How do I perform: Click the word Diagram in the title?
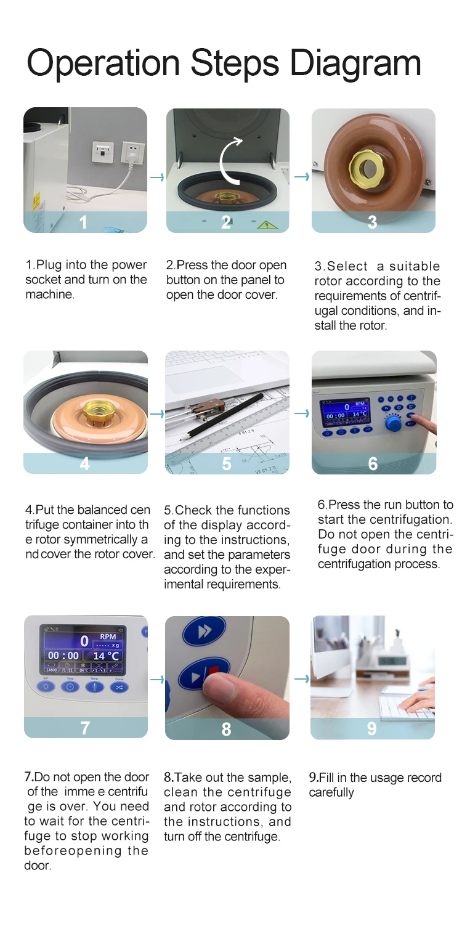coord(355,63)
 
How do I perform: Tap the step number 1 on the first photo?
coord(83,222)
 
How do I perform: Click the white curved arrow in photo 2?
coord(230,160)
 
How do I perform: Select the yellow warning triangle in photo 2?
coord(267,226)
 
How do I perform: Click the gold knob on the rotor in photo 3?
coord(366,168)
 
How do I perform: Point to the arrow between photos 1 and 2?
coord(157,177)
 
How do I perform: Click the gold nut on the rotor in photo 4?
coord(96,410)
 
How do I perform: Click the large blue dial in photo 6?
coord(392,424)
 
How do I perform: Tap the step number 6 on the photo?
coord(373,464)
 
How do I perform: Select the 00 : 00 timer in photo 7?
coord(63,656)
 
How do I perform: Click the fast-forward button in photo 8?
coord(205,632)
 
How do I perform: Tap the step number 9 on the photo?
coord(372,728)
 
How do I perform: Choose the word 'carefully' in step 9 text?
coord(331,792)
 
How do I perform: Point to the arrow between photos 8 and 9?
coord(302,679)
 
